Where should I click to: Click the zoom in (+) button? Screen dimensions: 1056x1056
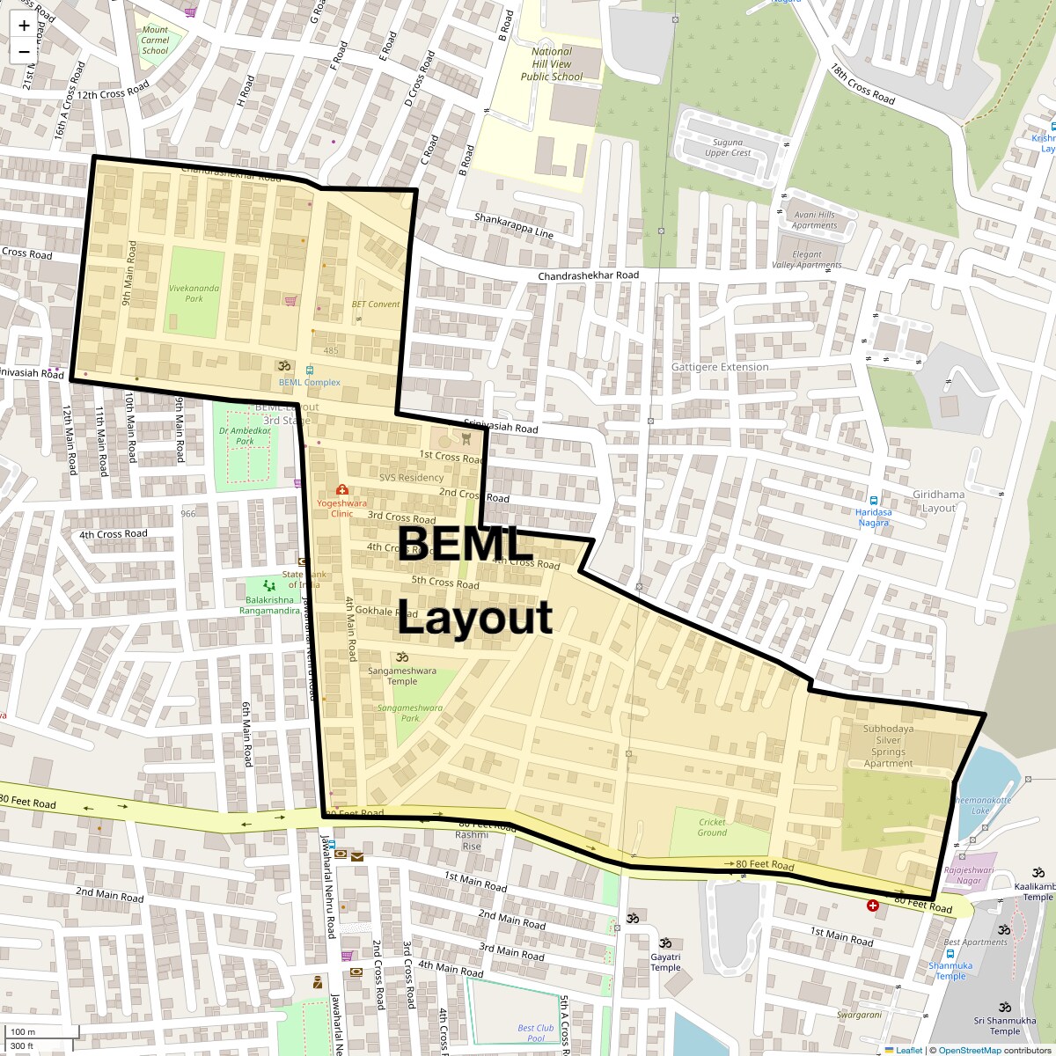[x=24, y=25]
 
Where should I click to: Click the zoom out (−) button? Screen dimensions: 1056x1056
[x=24, y=51]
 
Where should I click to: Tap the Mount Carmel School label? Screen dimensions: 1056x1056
[x=155, y=40]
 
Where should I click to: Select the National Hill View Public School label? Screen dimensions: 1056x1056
[x=552, y=64]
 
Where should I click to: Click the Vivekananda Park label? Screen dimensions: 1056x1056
[x=187, y=293]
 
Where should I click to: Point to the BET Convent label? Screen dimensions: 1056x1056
[x=376, y=304]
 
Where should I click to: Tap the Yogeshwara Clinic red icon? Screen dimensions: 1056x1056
[x=341, y=490]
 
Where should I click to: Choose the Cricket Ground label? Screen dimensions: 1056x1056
[x=712, y=827]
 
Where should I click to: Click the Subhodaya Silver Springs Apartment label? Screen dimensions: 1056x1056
[x=888, y=746]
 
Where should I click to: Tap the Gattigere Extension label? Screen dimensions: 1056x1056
[x=720, y=367]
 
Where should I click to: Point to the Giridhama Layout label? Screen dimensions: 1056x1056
[x=939, y=501]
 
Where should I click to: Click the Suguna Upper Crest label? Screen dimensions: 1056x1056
[x=728, y=147]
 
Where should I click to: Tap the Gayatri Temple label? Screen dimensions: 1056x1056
[x=665, y=962]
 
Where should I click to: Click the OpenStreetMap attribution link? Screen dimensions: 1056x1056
[x=969, y=1050]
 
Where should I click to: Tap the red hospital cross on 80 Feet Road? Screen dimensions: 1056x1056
[x=872, y=906]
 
